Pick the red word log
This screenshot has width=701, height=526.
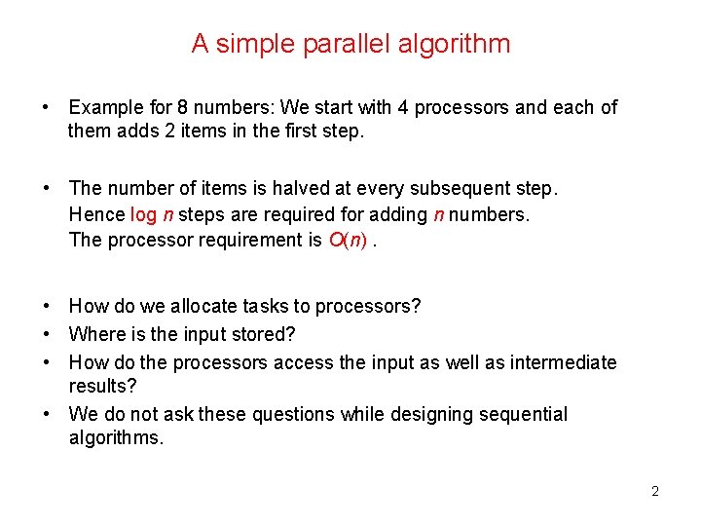tap(143, 214)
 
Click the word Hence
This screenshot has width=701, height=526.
tap(97, 214)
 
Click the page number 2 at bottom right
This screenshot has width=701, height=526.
tap(655, 491)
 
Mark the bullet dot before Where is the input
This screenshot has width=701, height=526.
tap(46, 334)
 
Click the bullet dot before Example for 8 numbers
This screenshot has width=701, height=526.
tap(46, 107)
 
